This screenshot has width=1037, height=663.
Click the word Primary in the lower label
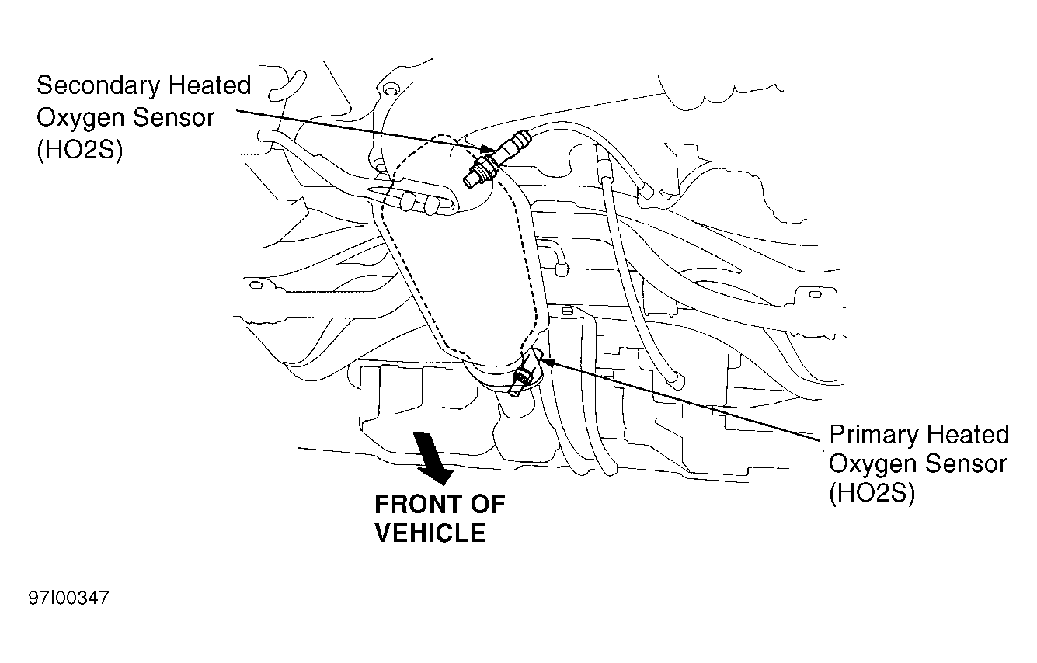point(876,434)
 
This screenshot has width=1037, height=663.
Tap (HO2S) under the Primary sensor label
point(872,492)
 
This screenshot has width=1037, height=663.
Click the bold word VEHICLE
point(430,533)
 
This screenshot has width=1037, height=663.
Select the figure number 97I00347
point(69,599)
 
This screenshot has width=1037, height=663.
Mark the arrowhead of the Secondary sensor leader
point(489,150)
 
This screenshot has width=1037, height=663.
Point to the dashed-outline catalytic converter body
point(458,264)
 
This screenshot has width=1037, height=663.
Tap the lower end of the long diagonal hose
point(673,380)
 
